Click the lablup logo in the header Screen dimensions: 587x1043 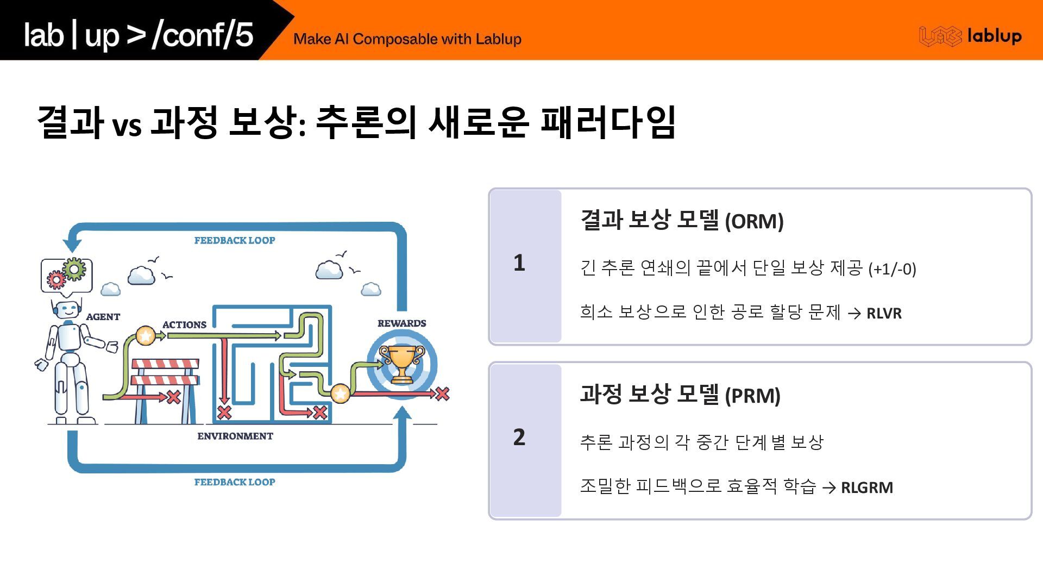[x=970, y=36]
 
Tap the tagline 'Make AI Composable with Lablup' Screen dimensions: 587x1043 [x=407, y=39]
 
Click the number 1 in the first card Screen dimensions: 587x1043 [x=519, y=263]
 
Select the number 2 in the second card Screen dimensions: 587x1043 [x=519, y=437]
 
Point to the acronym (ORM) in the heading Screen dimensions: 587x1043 [x=754, y=221]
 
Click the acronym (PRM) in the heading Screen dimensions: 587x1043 [x=752, y=396]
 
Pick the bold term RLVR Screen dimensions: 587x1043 [x=884, y=314]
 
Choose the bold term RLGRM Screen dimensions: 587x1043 [x=866, y=488]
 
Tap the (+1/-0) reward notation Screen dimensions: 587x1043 [x=892, y=269]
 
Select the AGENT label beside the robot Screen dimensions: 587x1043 [x=103, y=317]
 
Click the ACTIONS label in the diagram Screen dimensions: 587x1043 [x=184, y=325]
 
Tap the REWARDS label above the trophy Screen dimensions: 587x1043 [x=401, y=323]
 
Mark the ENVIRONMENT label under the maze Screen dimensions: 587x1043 [x=235, y=436]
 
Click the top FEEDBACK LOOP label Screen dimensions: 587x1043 [x=235, y=240]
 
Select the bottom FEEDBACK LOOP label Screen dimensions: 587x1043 [x=235, y=482]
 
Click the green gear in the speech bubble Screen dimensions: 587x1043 [x=74, y=268]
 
